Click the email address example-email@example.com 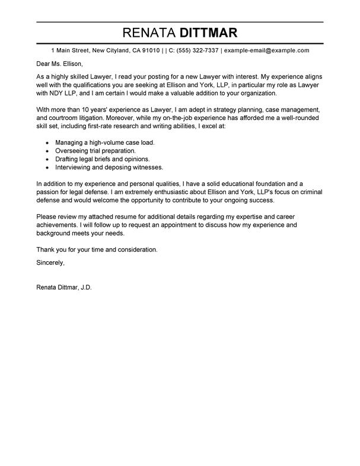click(266, 51)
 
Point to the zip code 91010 click(150, 51)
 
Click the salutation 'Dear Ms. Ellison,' click(57, 64)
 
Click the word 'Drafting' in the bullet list click(69, 159)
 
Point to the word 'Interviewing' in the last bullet click(74, 167)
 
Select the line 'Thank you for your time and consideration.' click(97, 250)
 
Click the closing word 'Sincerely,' click(50, 262)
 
